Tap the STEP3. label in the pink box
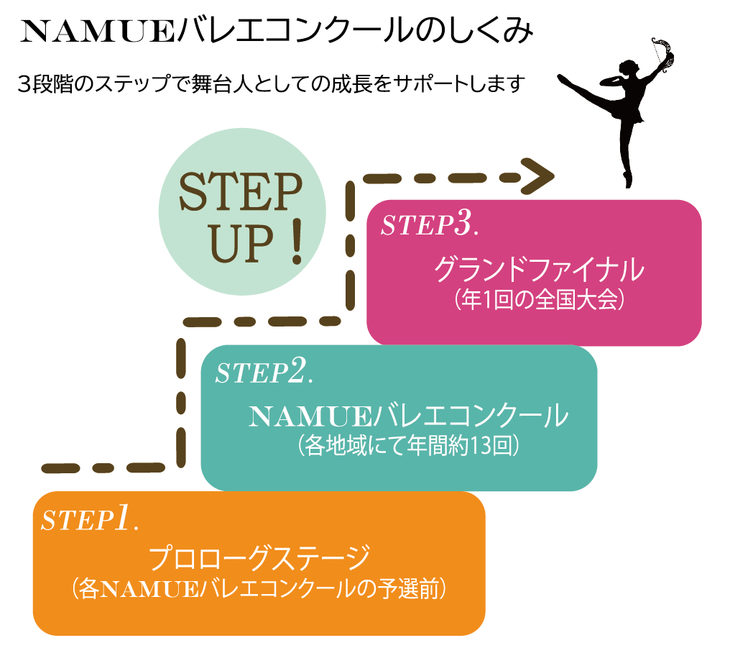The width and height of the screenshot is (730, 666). pyautogui.click(x=429, y=225)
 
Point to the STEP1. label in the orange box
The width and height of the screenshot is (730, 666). pyautogui.click(x=89, y=519)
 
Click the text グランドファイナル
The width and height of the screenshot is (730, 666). pyautogui.click(x=538, y=273)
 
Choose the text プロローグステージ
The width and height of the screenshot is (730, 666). pyautogui.click(x=259, y=558)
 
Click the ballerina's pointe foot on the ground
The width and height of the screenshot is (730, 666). pyautogui.click(x=628, y=180)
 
